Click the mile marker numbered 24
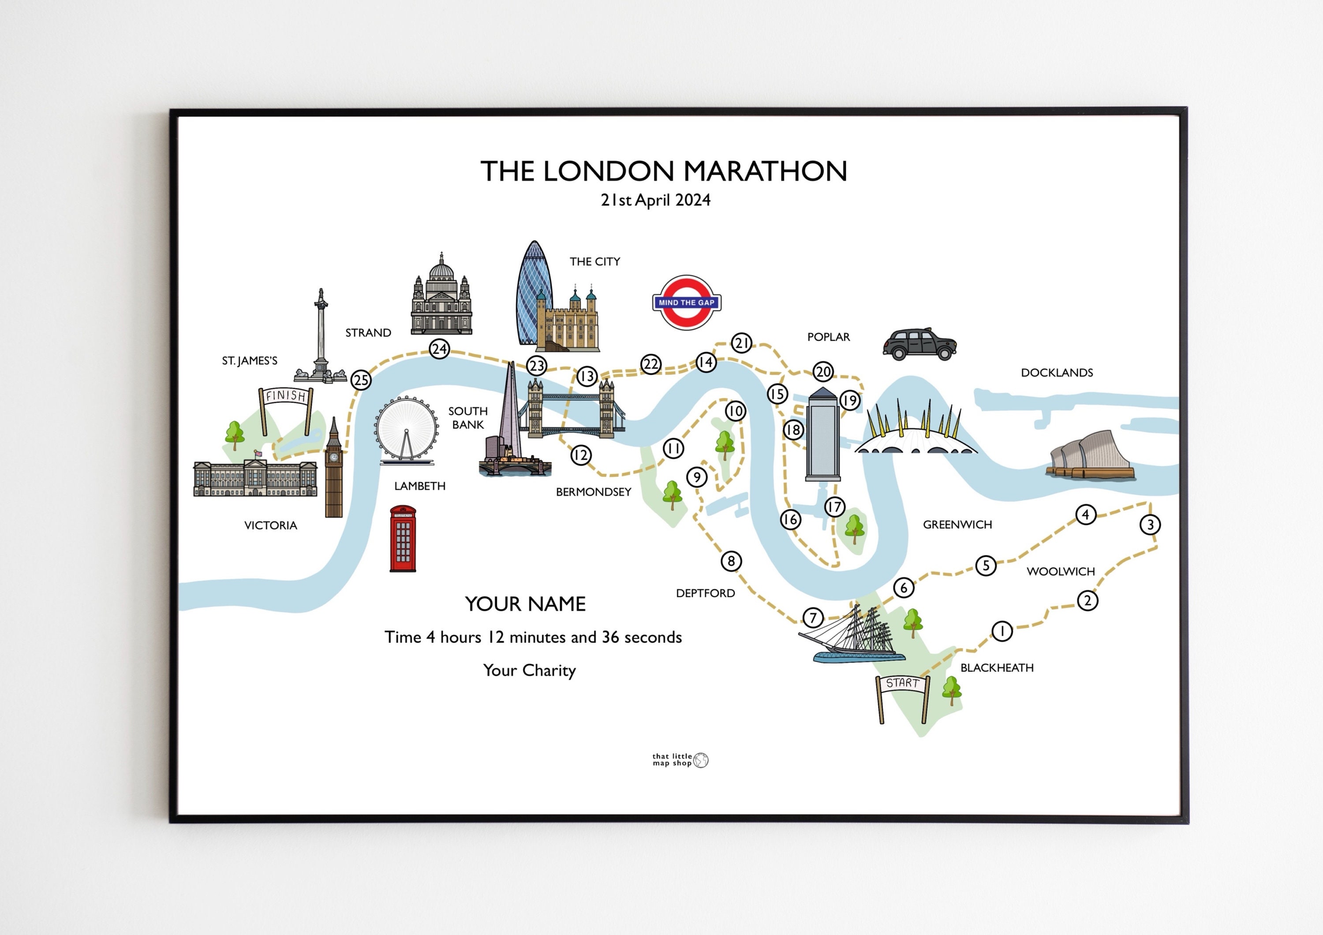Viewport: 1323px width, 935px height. [440, 349]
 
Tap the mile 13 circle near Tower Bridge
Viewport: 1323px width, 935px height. [587, 376]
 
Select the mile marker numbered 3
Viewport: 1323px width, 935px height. [1150, 524]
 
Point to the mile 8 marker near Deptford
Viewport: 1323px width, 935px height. [731, 561]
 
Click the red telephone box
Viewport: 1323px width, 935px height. [403, 539]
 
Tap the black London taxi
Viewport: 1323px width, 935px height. [919, 344]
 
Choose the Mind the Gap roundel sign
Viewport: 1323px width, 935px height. [686, 302]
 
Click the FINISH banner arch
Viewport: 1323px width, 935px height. [286, 396]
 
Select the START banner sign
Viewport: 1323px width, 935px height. [902, 683]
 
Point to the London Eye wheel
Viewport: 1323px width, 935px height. [406, 429]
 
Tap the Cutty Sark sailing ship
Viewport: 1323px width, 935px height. [850, 637]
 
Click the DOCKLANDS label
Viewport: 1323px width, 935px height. [1057, 373]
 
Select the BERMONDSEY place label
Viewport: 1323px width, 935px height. [594, 492]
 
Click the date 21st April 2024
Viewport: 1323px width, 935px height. [655, 200]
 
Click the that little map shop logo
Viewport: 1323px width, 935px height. [680, 760]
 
